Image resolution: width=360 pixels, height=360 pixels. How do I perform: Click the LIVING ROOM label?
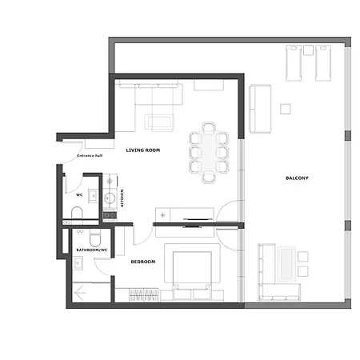143,150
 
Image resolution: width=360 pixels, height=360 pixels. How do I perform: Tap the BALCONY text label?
297,178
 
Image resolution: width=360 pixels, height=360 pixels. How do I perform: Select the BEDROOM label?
142,262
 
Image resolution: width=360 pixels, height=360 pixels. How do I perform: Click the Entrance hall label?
89,155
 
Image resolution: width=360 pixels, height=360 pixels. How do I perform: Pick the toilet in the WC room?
78,212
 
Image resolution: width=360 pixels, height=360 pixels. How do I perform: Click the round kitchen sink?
110,196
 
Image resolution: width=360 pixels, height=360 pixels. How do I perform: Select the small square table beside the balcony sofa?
285,109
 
